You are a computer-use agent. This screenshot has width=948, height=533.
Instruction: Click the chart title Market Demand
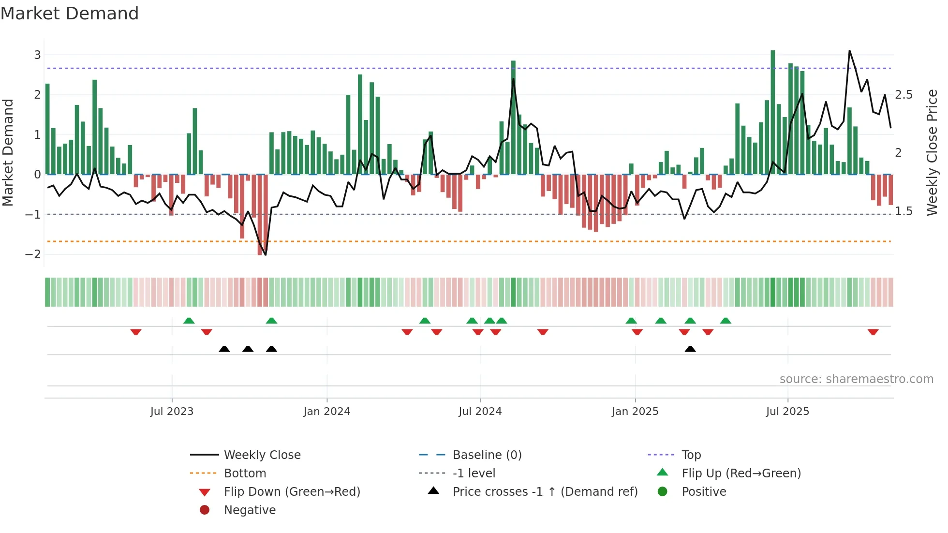[x=70, y=14]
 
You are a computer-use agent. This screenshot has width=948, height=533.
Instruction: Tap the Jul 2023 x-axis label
[x=172, y=412]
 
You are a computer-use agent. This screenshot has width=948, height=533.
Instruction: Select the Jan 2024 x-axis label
[x=326, y=412]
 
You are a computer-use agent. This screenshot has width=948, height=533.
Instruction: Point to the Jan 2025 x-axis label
[x=635, y=412]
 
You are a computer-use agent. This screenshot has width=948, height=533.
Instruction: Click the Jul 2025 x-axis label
[x=787, y=412]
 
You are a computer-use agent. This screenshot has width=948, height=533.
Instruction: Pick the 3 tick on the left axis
[x=37, y=55]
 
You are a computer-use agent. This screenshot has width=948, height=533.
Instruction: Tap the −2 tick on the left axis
[x=33, y=254]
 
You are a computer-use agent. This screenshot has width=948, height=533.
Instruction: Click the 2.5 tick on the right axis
[x=904, y=95]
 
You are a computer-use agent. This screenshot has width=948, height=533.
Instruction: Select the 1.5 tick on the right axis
[x=904, y=211]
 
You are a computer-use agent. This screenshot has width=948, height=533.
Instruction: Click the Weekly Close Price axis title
[x=932, y=152]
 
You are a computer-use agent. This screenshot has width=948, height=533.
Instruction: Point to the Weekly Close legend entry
[x=262, y=455]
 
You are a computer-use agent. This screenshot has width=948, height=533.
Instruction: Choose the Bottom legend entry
[x=245, y=474]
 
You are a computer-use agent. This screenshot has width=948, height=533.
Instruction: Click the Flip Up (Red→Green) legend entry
[x=741, y=474]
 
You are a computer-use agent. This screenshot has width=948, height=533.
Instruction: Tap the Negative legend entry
[x=250, y=510]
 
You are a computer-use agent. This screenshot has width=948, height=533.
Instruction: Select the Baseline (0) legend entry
[x=487, y=455]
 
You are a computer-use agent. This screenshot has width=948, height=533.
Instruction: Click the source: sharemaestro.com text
[x=856, y=379]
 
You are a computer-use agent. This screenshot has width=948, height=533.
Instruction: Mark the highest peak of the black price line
[x=849, y=51]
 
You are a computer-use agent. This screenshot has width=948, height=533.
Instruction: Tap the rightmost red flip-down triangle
[x=873, y=332]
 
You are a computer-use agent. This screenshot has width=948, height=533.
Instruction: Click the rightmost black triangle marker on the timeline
[x=690, y=349]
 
